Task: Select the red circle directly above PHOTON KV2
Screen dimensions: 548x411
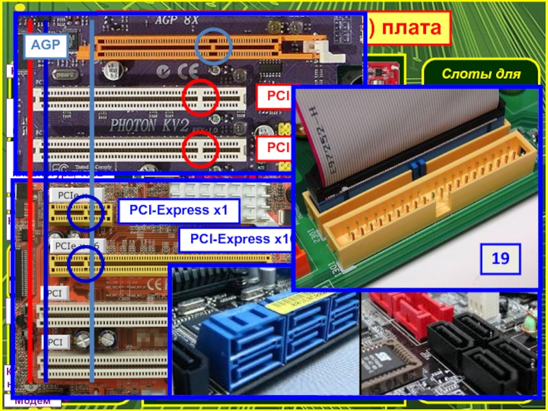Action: pyautogui.click(x=201, y=99)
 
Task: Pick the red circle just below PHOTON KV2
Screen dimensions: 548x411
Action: pyautogui.click(x=201, y=150)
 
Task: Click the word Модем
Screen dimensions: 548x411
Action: pyautogui.click(x=31, y=401)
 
